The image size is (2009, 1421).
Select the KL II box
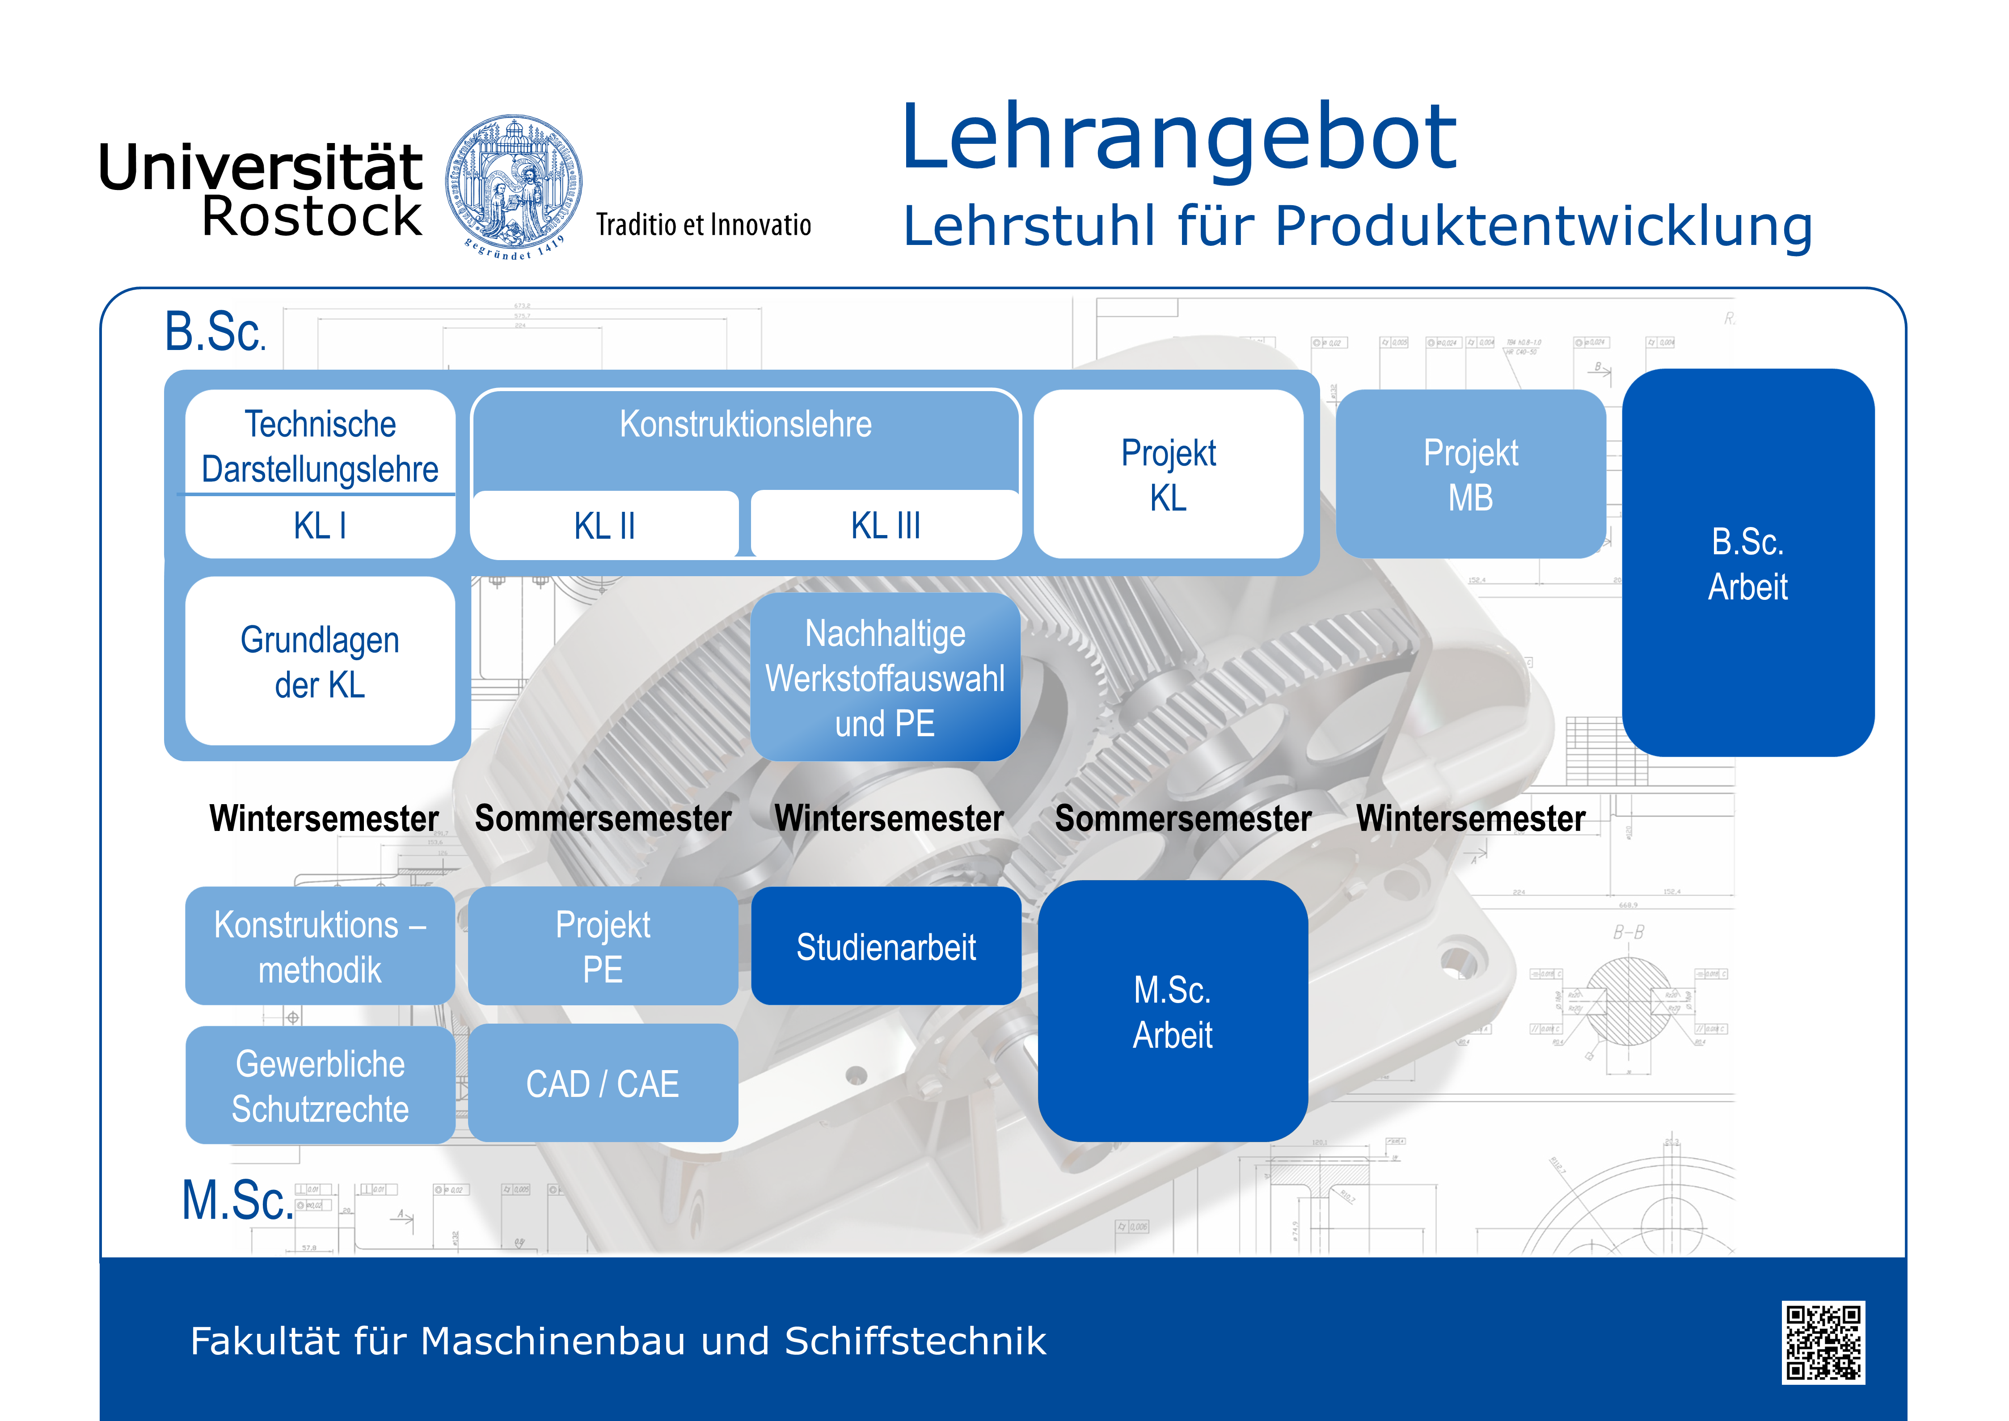point(605,525)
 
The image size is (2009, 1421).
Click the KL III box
point(886,525)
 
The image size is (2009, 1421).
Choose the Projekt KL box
point(1168,474)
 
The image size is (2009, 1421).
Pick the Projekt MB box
point(1471,474)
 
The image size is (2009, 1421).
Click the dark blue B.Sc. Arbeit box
point(1748,563)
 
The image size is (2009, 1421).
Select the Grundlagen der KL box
point(320,662)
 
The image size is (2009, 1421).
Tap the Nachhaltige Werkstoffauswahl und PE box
point(886,677)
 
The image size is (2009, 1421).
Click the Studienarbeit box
point(886,946)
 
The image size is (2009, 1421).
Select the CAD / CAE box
point(603,1083)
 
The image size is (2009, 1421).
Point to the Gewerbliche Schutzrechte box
point(320,1085)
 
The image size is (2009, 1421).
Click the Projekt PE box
point(603,946)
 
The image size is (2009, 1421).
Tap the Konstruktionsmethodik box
point(320,946)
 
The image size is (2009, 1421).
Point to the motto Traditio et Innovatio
point(704,225)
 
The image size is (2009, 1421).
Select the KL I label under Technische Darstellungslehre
point(320,526)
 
